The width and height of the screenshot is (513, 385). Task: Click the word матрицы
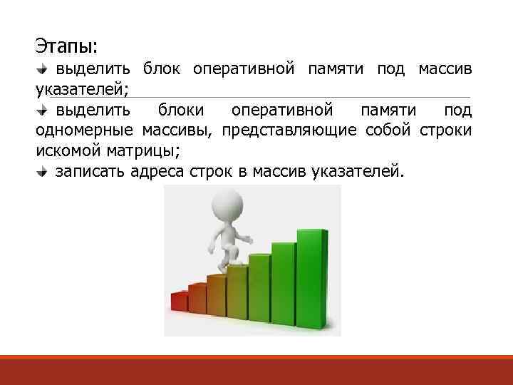tap(142, 151)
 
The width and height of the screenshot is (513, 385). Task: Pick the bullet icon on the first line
tap(42, 70)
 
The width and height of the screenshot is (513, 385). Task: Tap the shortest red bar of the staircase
tap(178, 303)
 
